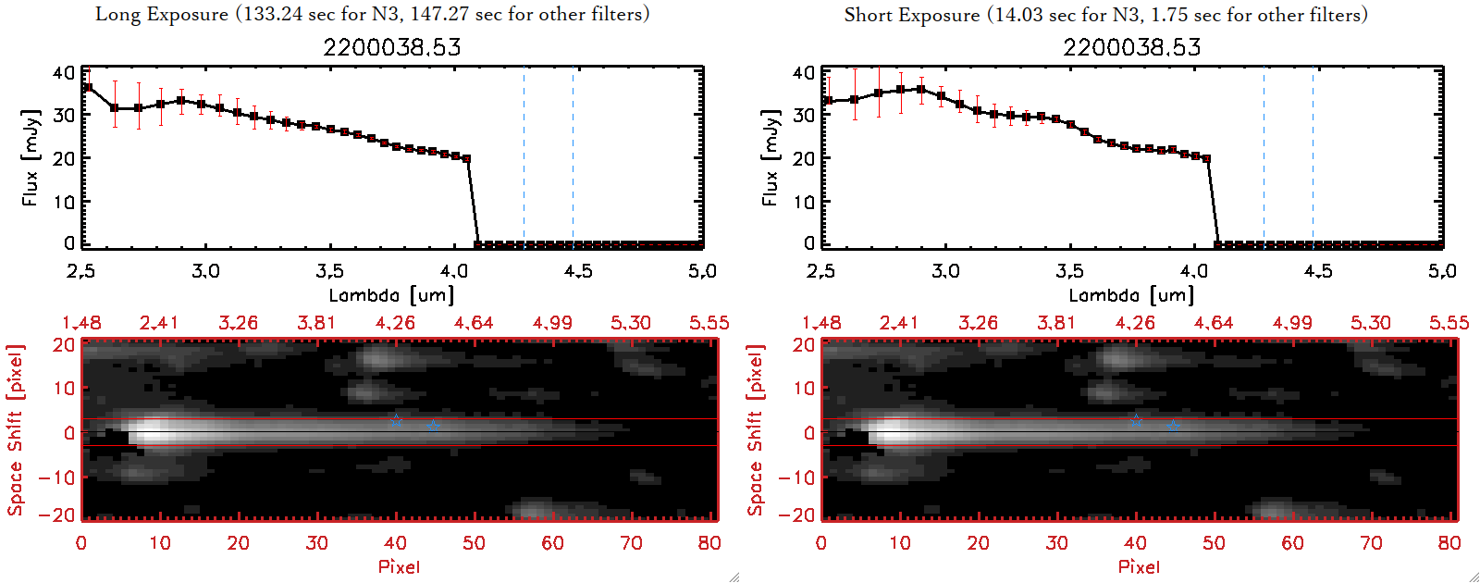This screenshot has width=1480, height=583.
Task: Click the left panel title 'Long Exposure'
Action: [162, 14]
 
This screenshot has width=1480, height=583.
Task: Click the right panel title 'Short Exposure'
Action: [911, 15]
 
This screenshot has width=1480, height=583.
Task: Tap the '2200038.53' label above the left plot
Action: [391, 47]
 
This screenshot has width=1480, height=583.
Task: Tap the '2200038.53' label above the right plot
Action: [1131, 47]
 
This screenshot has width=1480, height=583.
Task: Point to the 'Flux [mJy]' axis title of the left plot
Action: [31, 157]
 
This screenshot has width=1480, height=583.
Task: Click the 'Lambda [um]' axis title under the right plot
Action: [1131, 295]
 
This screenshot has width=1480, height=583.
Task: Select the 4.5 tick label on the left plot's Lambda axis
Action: [578, 271]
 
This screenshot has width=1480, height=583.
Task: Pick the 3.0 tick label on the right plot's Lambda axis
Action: [945, 271]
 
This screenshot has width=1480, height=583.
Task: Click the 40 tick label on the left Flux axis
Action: [64, 72]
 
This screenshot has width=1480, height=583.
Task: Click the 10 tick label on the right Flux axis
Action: [804, 201]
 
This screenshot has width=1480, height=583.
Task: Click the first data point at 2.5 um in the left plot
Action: [87, 88]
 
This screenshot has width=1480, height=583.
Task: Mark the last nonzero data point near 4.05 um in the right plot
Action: [1206, 159]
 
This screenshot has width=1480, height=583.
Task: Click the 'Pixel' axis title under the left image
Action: [399, 566]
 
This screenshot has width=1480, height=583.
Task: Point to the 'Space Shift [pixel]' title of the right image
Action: [756, 430]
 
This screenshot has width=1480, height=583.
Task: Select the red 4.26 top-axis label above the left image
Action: [395, 323]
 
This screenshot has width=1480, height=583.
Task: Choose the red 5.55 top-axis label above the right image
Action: [1449, 323]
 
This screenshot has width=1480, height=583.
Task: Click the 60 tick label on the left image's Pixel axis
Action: [552, 543]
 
